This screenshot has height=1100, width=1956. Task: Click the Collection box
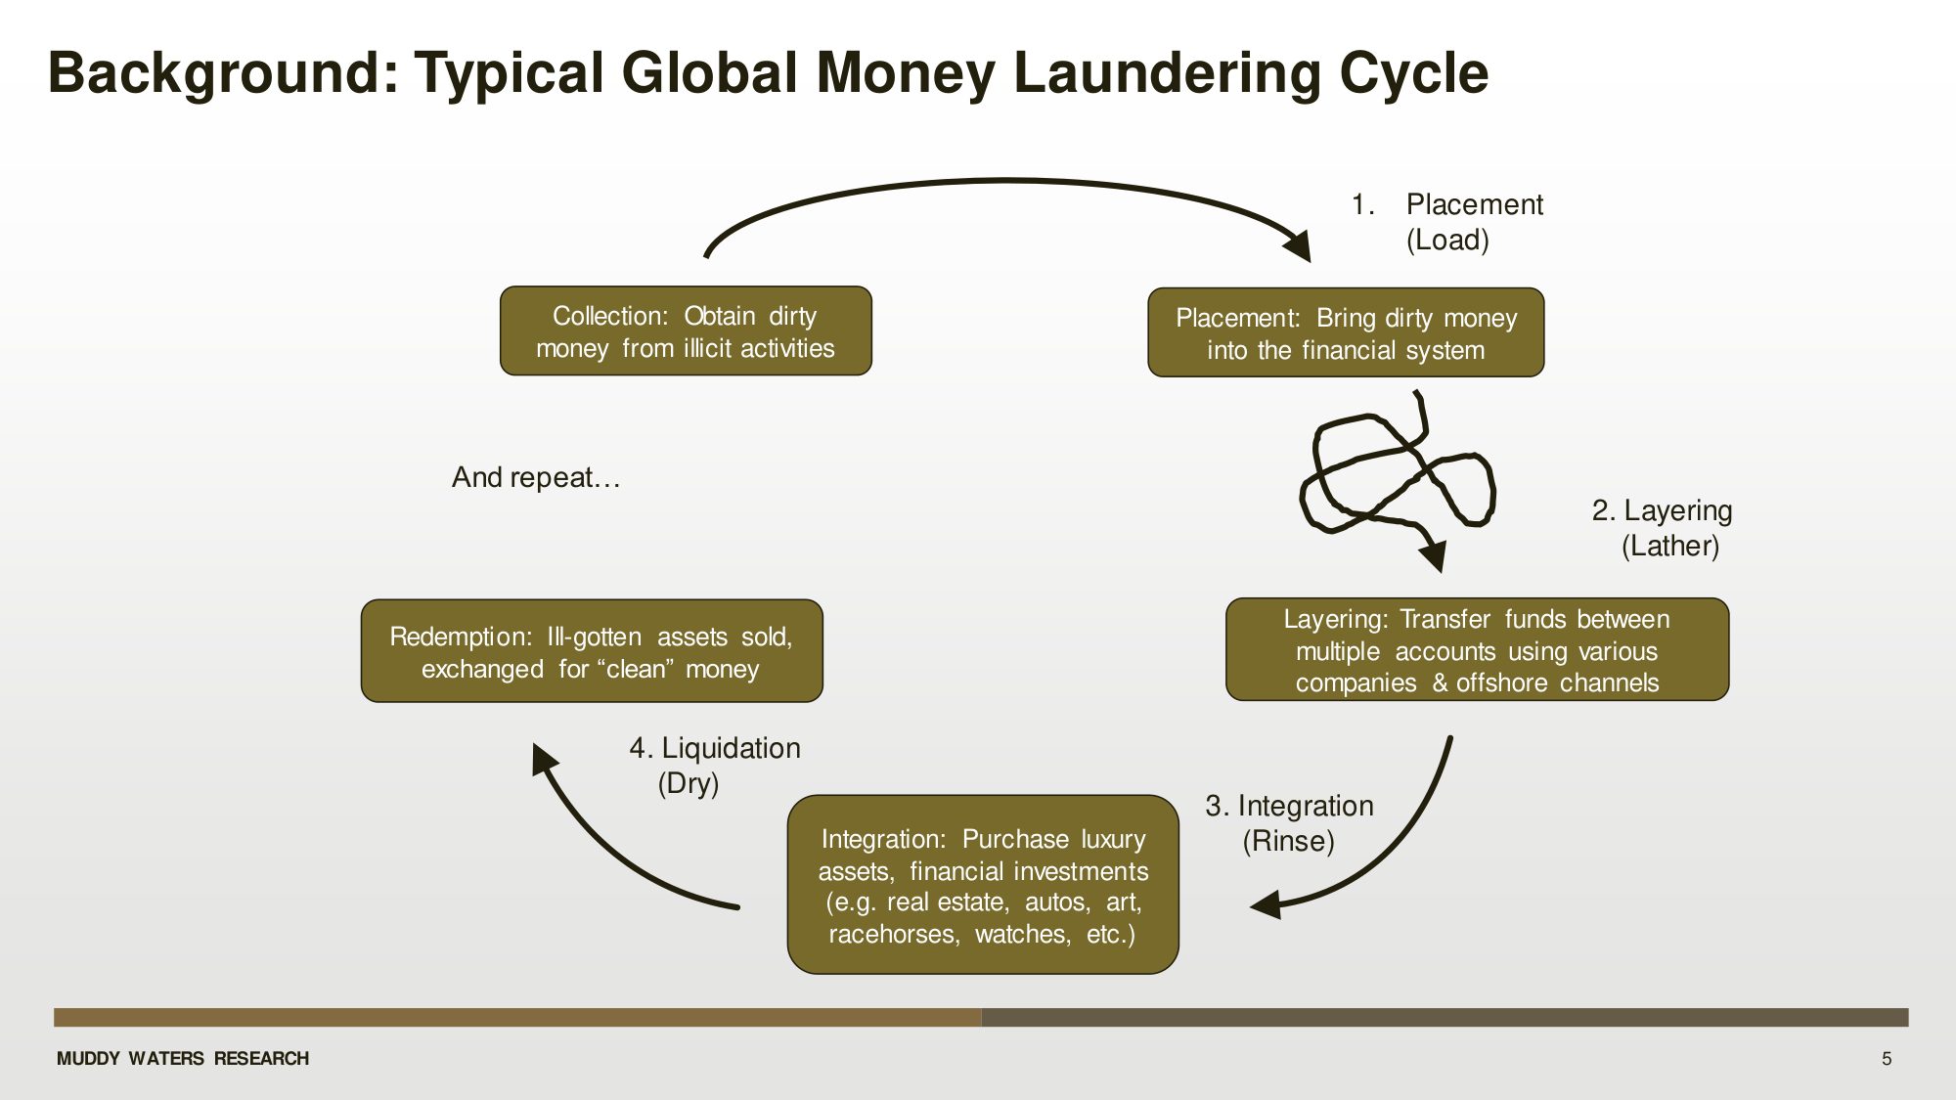686,331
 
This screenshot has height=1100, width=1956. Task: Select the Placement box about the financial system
1346,332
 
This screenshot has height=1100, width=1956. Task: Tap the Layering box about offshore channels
1477,650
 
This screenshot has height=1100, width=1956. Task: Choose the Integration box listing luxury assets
983,885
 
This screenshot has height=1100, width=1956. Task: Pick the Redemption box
592,651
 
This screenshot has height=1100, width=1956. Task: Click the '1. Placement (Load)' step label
1447,222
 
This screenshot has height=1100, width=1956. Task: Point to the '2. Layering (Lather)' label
1663,528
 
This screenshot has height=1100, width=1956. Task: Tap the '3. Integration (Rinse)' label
1289,823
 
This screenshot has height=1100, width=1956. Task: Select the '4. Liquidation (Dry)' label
714,766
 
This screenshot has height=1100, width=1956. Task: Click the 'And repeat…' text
536,477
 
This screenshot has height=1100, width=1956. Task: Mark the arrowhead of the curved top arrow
1299,245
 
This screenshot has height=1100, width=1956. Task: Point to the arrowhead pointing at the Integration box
1267,904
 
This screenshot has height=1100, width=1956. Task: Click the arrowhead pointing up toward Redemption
543,759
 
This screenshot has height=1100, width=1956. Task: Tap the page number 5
1887,1059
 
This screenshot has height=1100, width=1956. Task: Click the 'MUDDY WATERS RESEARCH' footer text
183,1059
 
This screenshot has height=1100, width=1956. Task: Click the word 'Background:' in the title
224,73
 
